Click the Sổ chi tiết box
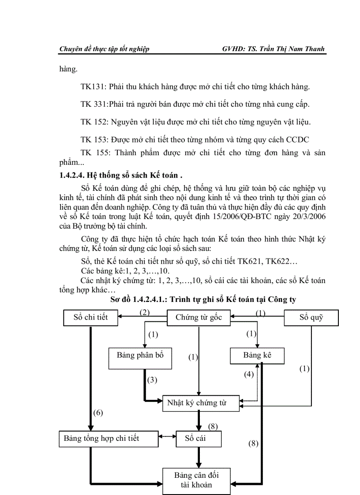pyautogui.click(x=91, y=317)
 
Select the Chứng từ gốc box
pyautogui.click(x=198, y=317)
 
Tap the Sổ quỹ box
pyautogui.click(x=311, y=317)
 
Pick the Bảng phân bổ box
pyautogui.click(x=140, y=355)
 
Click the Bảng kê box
pyautogui.click(x=257, y=355)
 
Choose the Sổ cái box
pyautogui.click(x=198, y=438)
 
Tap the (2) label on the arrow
pyautogui.click(x=145, y=313)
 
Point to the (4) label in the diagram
pyautogui.click(x=249, y=374)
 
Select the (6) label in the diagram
pyautogui.click(x=98, y=413)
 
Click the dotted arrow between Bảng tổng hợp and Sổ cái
pyautogui.click(x=166, y=437)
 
